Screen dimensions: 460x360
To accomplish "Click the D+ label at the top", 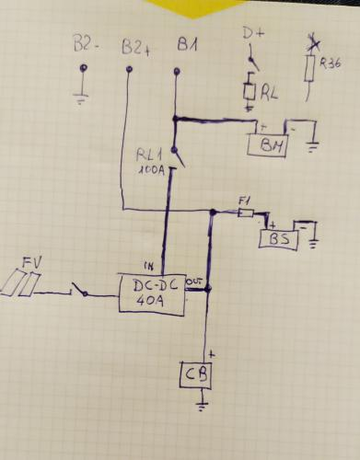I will tap(251, 35).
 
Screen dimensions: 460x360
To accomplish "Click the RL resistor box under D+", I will tap(249, 92).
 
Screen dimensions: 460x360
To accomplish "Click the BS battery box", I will tap(280, 239).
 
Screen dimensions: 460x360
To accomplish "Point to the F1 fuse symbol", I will tap(245, 213).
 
